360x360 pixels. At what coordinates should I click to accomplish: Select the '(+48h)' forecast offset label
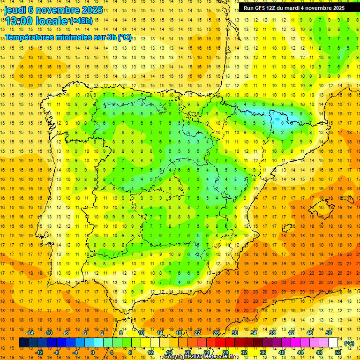click(x=81, y=21)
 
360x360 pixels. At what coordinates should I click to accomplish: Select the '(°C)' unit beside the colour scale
click(x=349, y=343)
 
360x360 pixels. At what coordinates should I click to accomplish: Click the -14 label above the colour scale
click(x=30, y=333)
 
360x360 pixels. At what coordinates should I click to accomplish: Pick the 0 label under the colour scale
click(x=93, y=352)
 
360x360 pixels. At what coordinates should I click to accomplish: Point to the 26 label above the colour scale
click(x=216, y=333)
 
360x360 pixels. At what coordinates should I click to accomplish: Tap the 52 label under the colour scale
click(x=338, y=352)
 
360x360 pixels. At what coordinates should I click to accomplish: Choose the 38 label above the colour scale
click(x=272, y=333)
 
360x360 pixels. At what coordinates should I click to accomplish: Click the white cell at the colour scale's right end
click(x=333, y=343)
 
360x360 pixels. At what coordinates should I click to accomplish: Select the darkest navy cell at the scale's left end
click(x=23, y=343)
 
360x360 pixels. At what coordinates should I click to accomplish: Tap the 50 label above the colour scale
click(x=329, y=333)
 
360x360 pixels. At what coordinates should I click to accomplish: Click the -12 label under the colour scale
click(x=39, y=352)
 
